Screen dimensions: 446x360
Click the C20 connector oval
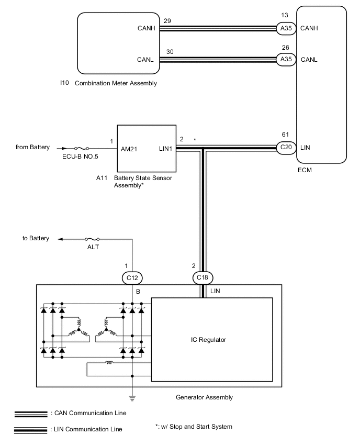pos(286,148)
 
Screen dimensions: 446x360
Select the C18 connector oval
pos(203,277)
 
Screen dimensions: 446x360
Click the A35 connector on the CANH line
pos(286,29)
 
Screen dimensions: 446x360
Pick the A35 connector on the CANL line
pos(286,59)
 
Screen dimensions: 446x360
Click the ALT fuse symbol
pos(93,239)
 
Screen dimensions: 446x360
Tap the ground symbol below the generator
pos(132,397)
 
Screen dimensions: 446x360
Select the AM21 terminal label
pos(129,149)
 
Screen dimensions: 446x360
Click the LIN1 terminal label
pos(167,149)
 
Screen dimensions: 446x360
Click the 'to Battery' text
pos(36,239)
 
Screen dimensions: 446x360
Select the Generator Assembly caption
pos(205,397)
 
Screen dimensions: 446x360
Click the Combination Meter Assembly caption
pos(116,83)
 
